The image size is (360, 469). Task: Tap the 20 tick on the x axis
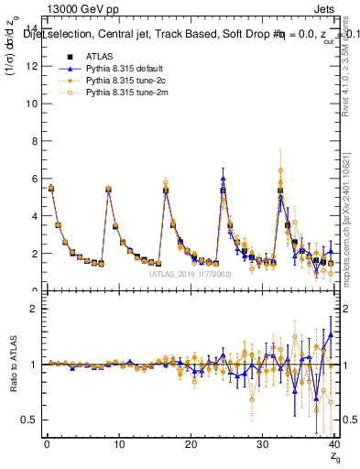[191, 446]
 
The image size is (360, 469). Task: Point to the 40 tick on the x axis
[335, 446]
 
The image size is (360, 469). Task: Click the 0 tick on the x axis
[46, 446]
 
